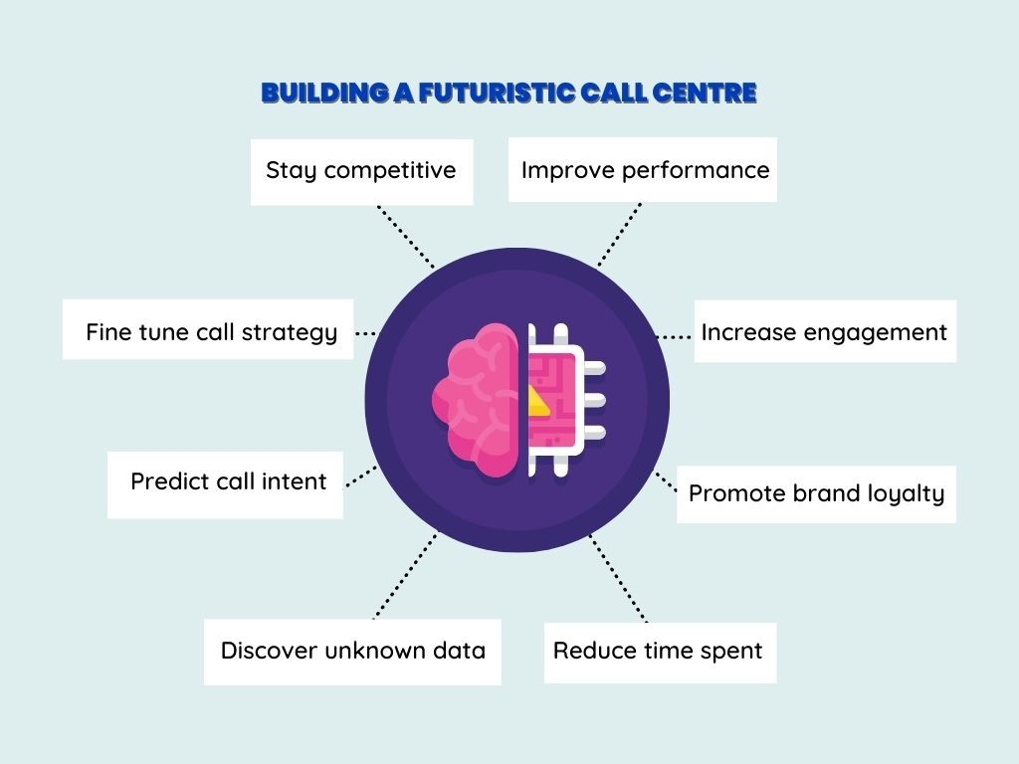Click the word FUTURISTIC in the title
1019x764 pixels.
(498, 93)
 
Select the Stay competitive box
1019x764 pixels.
(362, 172)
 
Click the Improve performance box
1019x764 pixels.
(643, 169)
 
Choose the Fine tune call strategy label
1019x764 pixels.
(208, 329)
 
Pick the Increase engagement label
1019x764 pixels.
(825, 330)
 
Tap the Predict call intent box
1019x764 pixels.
(225, 484)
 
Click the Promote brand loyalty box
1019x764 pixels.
(816, 494)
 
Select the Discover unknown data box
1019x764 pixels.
(352, 652)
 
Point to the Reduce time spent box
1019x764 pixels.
(661, 653)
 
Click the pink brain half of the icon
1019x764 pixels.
(476, 400)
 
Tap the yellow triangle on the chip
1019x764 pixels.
(538, 401)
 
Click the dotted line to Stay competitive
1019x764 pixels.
(406, 237)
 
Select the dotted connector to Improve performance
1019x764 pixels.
(619, 235)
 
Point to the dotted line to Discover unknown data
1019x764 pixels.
(406, 576)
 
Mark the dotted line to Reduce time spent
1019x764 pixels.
(618, 578)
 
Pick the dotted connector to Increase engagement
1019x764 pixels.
(674, 337)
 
